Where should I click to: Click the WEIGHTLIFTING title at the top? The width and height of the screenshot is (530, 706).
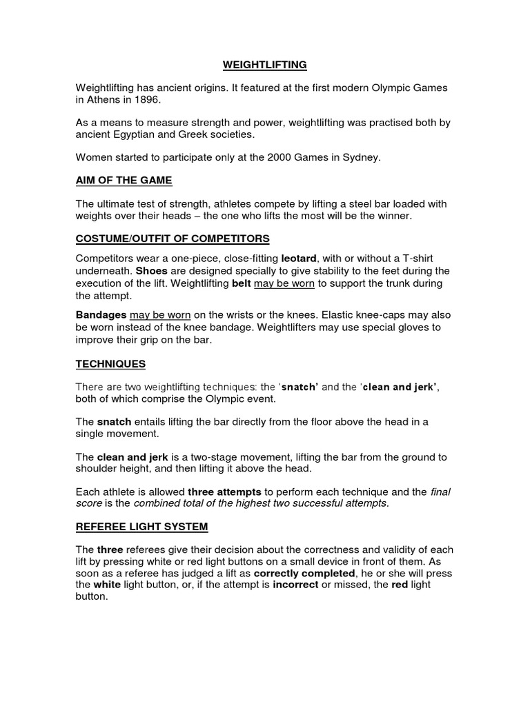[x=264, y=65]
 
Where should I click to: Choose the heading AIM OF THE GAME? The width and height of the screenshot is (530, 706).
[x=124, y=181]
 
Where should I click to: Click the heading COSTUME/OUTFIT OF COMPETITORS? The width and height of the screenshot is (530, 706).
[x=172, y=239]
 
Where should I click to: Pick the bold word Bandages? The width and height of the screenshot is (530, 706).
[x=101, y=314]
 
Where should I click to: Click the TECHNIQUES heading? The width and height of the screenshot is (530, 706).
[x=110, y=363]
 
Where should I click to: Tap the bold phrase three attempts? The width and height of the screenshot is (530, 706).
[x=224, y=492]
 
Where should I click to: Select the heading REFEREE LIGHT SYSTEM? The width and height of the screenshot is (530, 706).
[x=141, y=527]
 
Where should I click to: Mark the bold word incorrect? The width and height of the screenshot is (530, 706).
[x=295, y=585]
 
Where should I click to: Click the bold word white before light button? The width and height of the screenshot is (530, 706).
[x=107, y=585]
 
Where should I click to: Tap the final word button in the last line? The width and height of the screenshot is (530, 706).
[x=91, y=597]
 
